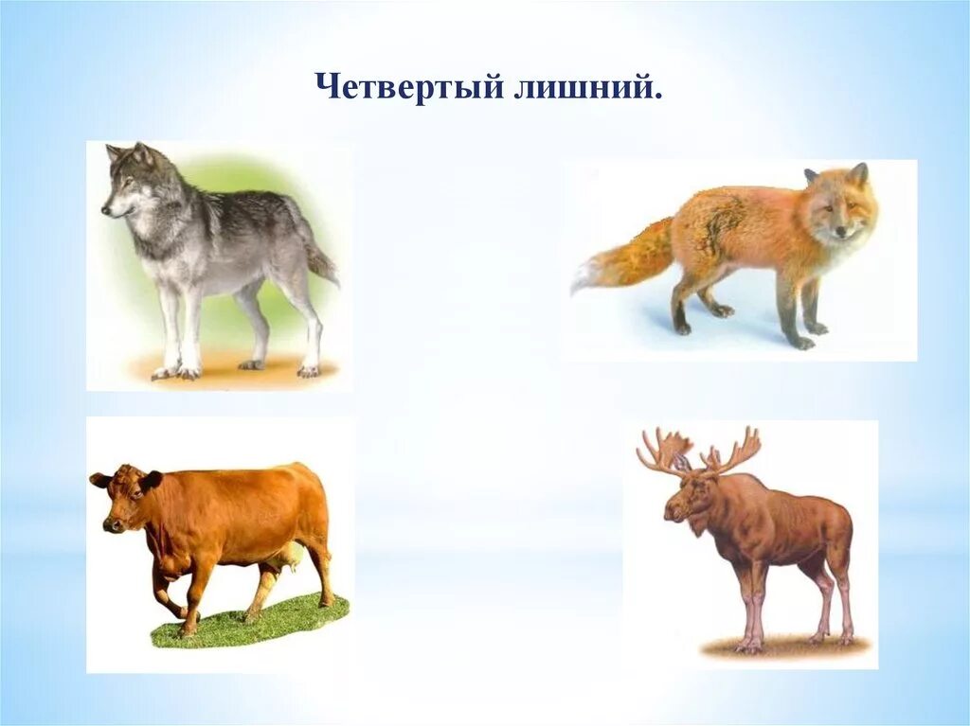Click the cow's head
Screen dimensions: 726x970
[x=123, y=497]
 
